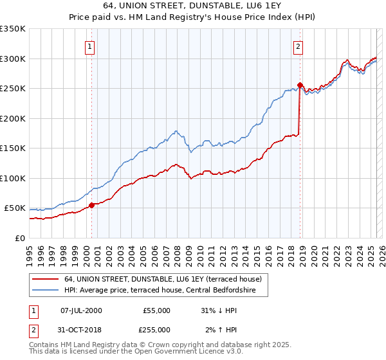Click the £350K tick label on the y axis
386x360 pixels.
pyautogui.click(x=13, y=29)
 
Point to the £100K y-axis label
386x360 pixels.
pyautogui.click(x=13, y=178)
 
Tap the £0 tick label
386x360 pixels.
pyautogui.click(x=21, y=238)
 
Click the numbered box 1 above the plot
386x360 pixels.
pyautogui.click(x=91, y=46)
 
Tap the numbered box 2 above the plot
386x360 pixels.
pyautogui.click(x=299, y=46)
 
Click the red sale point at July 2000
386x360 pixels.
pyautogui.click(x=91, y=205)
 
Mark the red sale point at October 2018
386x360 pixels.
pyautogui.click(x=300, y=85)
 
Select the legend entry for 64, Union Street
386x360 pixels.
pyautogui.click(x=163, y=280)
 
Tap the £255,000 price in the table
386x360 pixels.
pyautogui.click(x=156, y=330)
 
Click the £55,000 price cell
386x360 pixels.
pyautogui.click(x=156, y=310)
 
